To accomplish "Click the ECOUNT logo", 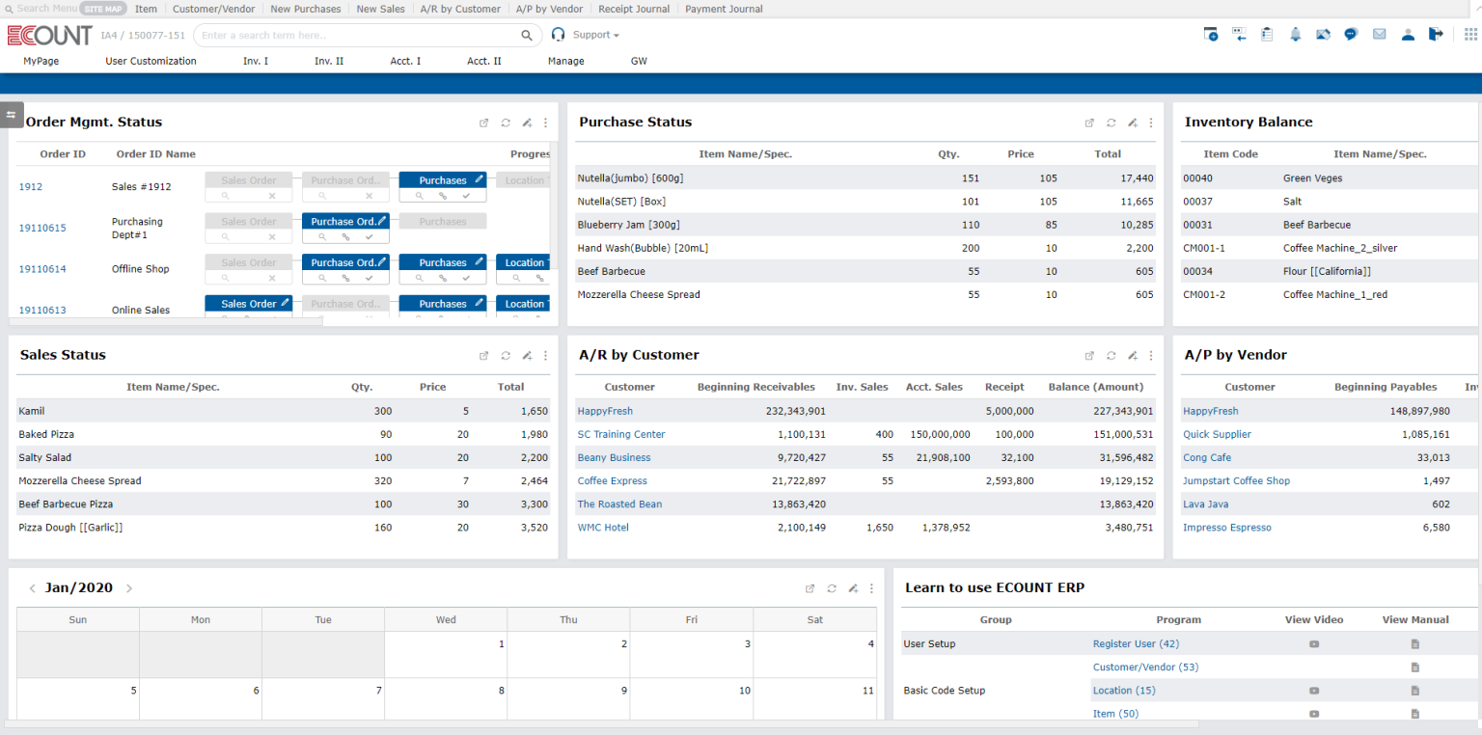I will [x=49, y=36].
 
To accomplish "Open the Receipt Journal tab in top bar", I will [x=633, y=9].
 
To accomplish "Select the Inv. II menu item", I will [x=329, y=61].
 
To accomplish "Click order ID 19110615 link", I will [x=42, y=229].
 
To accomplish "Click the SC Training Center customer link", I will [x=621, y=434].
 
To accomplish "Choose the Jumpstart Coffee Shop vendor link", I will [x=1236, y=480].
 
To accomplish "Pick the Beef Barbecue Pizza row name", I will [x=66, y=504].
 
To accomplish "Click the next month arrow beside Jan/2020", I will [x=129, y=588].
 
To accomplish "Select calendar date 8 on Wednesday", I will [x=501, y=691].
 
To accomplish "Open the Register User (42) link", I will [x=1136, y=643].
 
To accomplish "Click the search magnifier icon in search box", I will [x=527, y=36].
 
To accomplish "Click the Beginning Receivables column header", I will [x=755, y=387].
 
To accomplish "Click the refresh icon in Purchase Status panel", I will [x=1111, y=122].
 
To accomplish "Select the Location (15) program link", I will [x=1123, y=691].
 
